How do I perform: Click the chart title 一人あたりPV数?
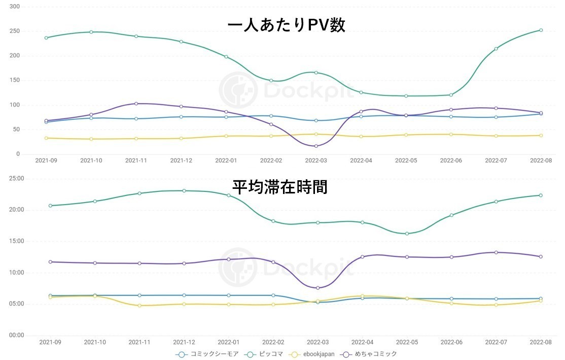[287, 25]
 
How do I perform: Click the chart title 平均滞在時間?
[280, 186]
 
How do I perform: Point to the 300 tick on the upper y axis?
[14, 7]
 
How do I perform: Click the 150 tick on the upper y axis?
[14, 80]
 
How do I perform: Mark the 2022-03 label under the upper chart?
[316, 160]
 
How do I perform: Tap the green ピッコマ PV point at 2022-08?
[541, 30]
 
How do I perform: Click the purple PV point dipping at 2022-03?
[316, 146]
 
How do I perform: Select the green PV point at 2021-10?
[91, 32]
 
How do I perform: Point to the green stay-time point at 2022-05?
[407, 234]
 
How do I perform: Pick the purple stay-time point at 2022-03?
[317, 288]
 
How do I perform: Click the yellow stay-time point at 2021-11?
[139, 306]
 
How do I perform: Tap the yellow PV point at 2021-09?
[46, 138]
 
